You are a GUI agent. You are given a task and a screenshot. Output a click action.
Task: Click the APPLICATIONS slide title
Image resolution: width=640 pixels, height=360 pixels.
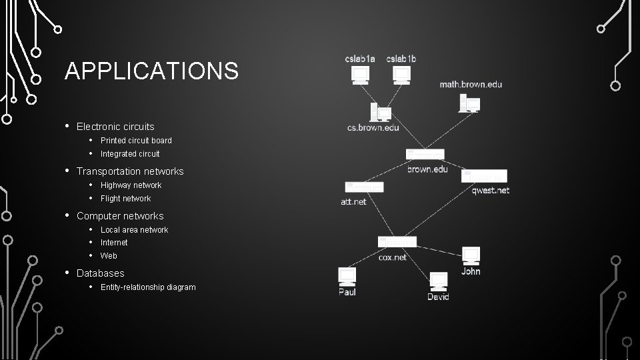pos(151,71)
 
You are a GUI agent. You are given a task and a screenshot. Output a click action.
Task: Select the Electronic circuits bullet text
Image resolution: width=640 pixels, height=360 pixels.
pos(115,127)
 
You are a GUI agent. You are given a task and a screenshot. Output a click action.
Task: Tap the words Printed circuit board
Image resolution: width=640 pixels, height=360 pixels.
pos(136,141)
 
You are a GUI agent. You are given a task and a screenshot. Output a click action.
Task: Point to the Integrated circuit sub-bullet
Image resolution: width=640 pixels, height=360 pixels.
pos(130,154)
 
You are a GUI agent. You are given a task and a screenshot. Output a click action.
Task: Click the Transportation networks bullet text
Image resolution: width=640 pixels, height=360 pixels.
pos(130,171)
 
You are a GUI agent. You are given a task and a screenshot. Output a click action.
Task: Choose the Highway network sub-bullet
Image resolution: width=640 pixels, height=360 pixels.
pos(131,185)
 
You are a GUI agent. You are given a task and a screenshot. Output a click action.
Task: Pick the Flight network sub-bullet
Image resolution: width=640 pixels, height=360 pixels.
pos(125,199)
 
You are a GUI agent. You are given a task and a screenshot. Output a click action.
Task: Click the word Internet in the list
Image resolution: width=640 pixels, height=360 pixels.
pos(114,243)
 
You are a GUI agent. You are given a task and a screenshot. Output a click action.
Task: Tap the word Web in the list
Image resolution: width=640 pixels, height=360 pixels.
pos(109,256)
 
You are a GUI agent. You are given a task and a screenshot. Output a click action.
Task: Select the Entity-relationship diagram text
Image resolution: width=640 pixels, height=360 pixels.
pos(148,287)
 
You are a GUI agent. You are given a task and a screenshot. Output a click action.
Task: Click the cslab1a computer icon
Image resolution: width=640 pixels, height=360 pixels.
pos(360,75)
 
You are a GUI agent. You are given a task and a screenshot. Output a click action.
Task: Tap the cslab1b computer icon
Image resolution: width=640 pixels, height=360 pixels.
pos(401,75)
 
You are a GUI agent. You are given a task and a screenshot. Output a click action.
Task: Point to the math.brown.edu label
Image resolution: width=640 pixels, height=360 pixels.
pos(471,85)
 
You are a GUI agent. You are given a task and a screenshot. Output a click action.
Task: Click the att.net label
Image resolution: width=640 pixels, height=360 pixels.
pos(353,201)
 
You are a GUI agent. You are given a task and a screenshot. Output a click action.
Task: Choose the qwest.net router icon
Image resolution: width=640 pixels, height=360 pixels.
pos(484,176)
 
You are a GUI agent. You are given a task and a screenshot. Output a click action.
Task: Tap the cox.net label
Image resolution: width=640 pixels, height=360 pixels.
pos(392,257)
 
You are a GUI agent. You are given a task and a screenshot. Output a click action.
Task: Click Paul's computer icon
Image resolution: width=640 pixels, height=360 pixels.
pos(347,277)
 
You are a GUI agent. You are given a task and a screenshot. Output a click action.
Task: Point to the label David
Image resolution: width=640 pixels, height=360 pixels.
pos(438,297)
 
